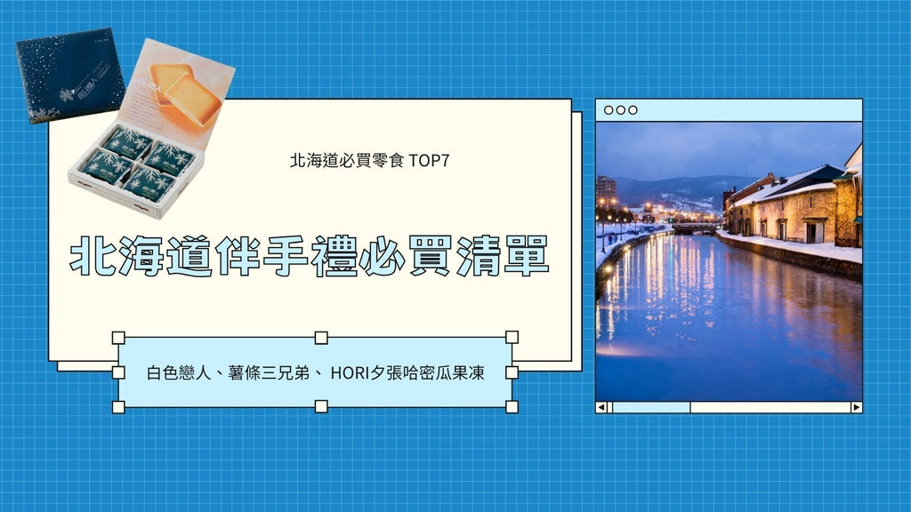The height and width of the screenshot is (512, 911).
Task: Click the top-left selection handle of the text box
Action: click(x=118, y=338)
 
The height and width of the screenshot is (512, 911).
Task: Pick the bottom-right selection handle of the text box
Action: click(x=512, y=406)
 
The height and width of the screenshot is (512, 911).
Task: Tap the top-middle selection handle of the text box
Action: click(x=321, y=338)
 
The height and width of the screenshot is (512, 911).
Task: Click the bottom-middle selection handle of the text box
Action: click(x=321, y=406)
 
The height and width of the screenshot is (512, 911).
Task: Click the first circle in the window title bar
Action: click(x=609, y=110)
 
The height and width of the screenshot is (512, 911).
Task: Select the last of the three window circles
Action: click(x=633, y=110)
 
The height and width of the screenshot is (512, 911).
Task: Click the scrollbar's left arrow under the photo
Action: click(x=601, y=407)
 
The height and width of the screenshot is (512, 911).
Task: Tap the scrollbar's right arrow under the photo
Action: click(x=856, y=407)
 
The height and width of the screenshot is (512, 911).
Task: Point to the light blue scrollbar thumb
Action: click(x=649, y=407)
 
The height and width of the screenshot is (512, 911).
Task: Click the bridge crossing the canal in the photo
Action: click(x=693, y=228)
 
